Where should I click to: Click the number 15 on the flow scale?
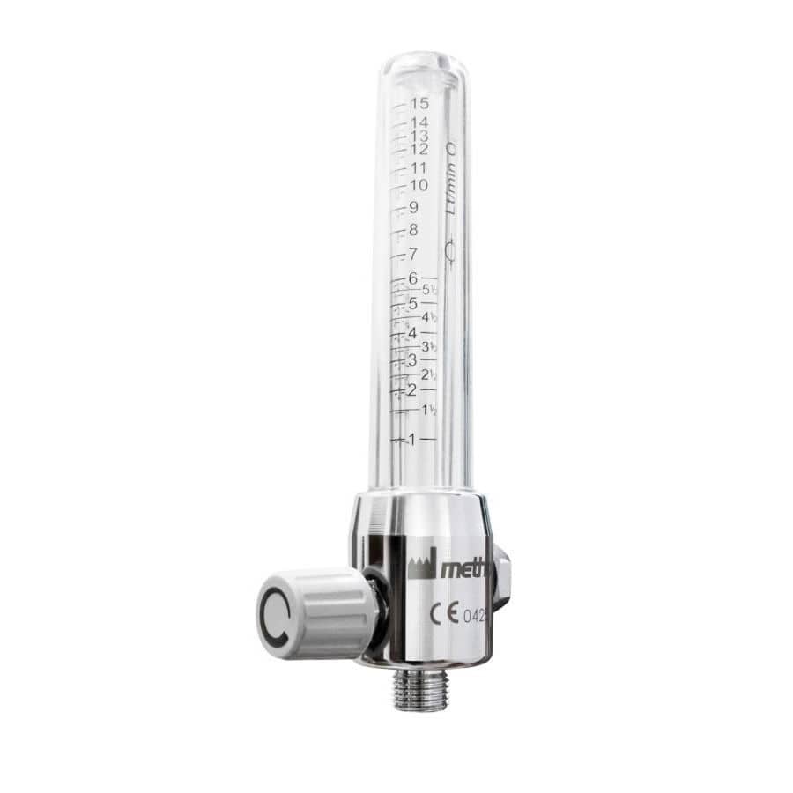point(419,104)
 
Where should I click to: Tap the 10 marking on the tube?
point(419,185)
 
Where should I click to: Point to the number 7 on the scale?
point(412,256)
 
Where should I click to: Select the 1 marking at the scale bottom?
point(410,439)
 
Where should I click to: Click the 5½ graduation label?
point(430,289)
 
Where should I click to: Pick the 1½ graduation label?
point(430,411)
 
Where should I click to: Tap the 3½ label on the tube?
point(430,347)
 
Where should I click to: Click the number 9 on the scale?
point(413,208)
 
